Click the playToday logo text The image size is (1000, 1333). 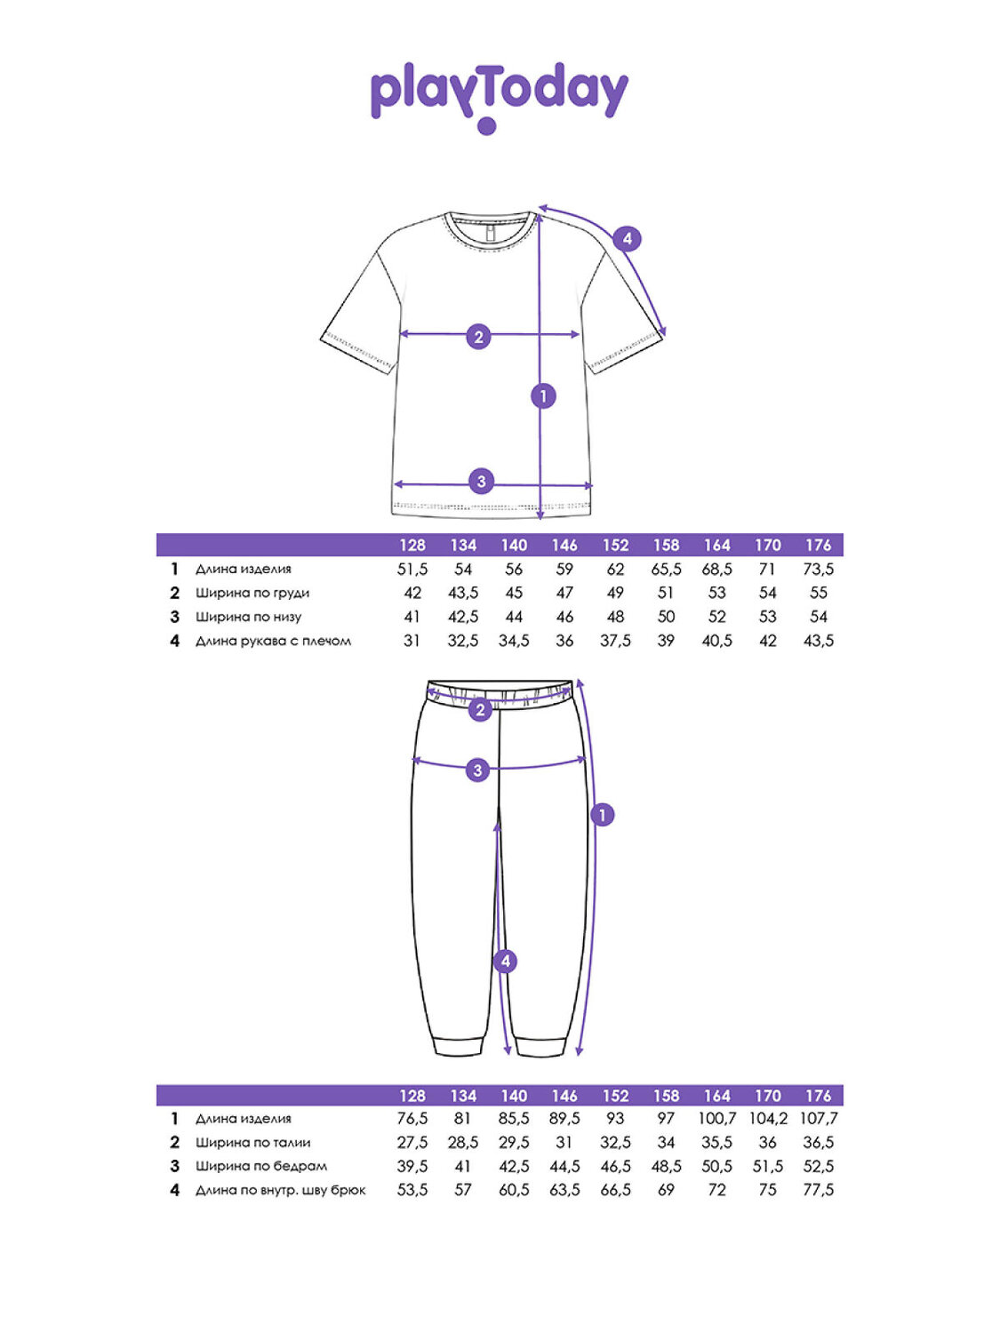pos(499,92)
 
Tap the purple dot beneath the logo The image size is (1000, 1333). pos(486,125)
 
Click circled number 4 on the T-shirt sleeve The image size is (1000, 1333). pos(628,238)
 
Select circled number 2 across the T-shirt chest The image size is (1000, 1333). pos(478,336)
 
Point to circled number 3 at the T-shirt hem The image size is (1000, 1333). pos(481,482)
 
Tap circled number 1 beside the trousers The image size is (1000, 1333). pos(603,814)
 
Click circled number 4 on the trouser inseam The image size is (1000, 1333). pos(505,961)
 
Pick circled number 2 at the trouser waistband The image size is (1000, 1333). pos(480,709)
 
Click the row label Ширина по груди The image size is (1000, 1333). pos(252,593)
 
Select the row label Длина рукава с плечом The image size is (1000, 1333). pos(273,641)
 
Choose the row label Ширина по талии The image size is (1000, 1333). pos(252,1143)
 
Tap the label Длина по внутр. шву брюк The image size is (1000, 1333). pos(280,1190)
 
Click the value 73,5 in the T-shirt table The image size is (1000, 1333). pos(818,569)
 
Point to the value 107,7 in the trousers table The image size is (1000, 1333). pos(818,1119)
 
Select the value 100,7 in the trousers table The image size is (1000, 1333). pos(716,1119)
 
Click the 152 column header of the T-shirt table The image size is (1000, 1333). pos(615,545)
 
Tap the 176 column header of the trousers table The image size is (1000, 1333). pos(818,1096)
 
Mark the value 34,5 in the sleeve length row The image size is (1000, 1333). pos(514,641)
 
